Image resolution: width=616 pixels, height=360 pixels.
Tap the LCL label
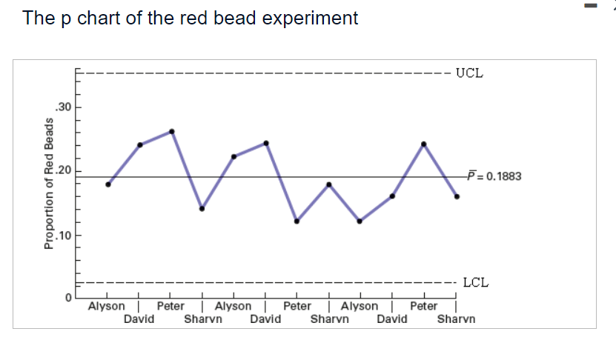pos(475,282)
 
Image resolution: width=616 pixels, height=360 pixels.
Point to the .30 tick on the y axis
pos(64,107)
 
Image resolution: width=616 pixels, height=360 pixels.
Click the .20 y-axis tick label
pos(64,171)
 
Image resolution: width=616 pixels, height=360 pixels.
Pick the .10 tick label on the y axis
pos(64,236)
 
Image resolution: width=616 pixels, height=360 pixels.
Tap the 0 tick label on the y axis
pos(67,296)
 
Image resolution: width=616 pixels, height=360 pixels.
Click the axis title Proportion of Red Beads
pos(50,183)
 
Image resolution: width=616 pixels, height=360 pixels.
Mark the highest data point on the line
pos(171,131)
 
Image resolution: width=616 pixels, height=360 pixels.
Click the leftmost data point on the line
pos(108,184)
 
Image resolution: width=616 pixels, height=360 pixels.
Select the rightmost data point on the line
pos(457,196)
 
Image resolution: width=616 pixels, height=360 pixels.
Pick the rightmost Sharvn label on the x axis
pos(456,319)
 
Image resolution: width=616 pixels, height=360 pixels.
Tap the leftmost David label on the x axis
pos(139,319)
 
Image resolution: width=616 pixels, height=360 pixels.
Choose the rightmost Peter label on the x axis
pos(424,306)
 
